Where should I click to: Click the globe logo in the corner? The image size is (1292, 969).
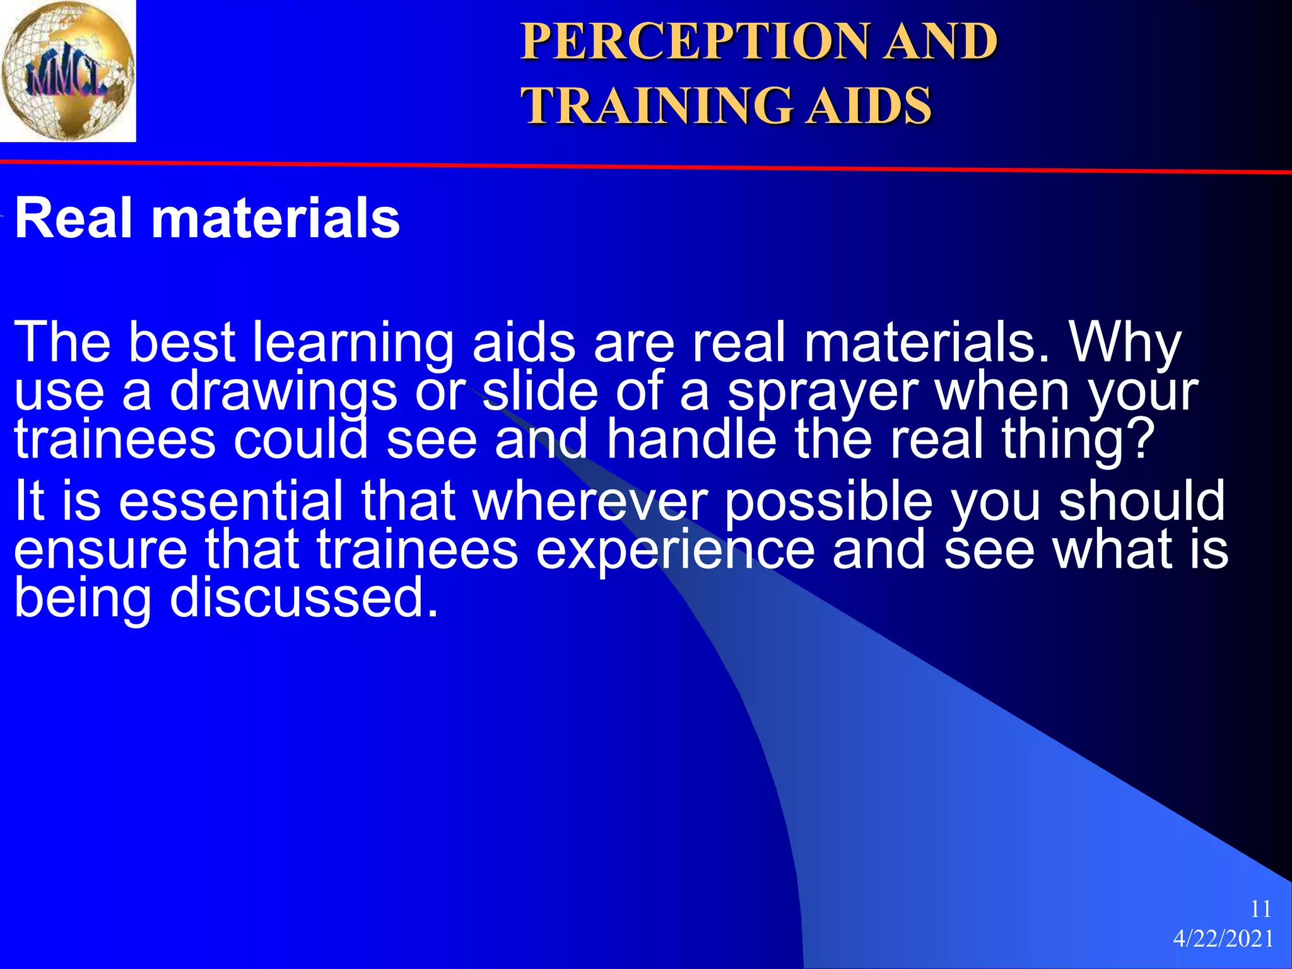[68, 70]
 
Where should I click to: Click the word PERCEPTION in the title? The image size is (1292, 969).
[693, 42]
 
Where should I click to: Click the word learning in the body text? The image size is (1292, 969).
[353, 343]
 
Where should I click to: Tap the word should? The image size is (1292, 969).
[1141, 501]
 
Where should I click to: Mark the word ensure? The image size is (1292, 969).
[100, 549]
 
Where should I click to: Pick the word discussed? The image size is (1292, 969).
[303, 597]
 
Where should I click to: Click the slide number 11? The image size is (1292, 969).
[1260, 909]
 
